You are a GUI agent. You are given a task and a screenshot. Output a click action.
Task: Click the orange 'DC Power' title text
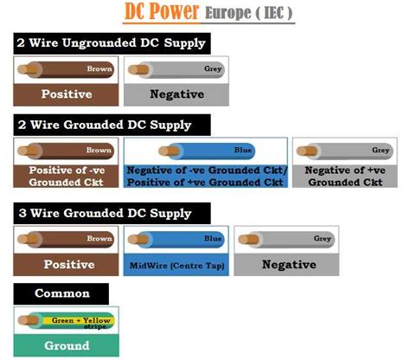162,11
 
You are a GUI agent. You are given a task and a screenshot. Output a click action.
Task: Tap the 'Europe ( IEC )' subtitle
249,13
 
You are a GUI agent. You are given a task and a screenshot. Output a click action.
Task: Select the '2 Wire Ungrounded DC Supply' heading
112,43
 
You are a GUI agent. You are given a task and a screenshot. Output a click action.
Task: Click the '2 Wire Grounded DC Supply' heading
105,125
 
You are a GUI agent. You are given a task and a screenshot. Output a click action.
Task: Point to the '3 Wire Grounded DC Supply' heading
105,213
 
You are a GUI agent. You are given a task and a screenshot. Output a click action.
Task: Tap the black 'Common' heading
62,293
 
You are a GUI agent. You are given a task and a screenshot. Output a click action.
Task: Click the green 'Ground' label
67,345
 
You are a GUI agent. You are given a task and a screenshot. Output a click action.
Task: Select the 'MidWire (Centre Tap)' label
176,266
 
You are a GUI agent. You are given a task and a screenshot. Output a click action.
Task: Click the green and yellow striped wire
66,321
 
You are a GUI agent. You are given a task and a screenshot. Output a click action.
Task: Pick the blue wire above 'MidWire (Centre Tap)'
176,239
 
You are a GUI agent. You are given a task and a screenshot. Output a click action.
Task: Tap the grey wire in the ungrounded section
176,69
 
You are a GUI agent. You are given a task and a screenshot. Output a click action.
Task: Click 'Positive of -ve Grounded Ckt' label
67,177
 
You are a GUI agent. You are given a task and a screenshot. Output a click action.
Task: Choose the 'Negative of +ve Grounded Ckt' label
345,177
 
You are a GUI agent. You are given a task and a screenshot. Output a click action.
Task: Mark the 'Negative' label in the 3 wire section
289,265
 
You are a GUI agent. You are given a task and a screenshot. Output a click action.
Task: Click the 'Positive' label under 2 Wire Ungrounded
67,94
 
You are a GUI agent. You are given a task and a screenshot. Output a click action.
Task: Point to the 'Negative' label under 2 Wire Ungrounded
177,94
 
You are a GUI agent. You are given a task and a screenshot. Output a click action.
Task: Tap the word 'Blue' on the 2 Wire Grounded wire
242,150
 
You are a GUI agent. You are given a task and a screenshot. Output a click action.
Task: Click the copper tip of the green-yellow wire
28,320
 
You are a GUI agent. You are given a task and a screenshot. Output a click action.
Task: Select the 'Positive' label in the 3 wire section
69,265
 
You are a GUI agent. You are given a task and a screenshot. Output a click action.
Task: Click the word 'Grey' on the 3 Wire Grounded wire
322,239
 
